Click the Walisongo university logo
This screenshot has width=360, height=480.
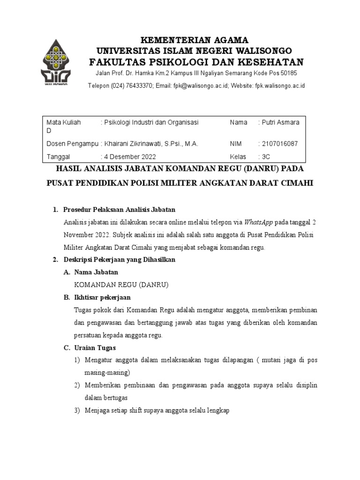point(56,63)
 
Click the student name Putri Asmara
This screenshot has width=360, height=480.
point(281,122)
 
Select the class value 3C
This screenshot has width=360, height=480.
point(265,157)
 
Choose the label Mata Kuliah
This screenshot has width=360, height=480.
point(64,122)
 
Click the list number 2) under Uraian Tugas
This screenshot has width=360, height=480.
point(78,385)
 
